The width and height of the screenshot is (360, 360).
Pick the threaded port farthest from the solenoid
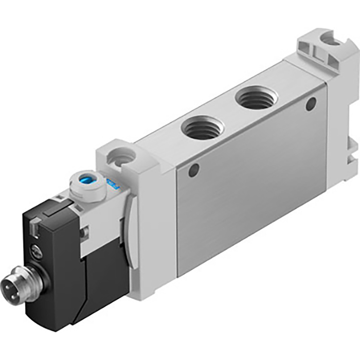click(257, 98)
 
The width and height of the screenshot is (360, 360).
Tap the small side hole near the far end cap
click(310, 105)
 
